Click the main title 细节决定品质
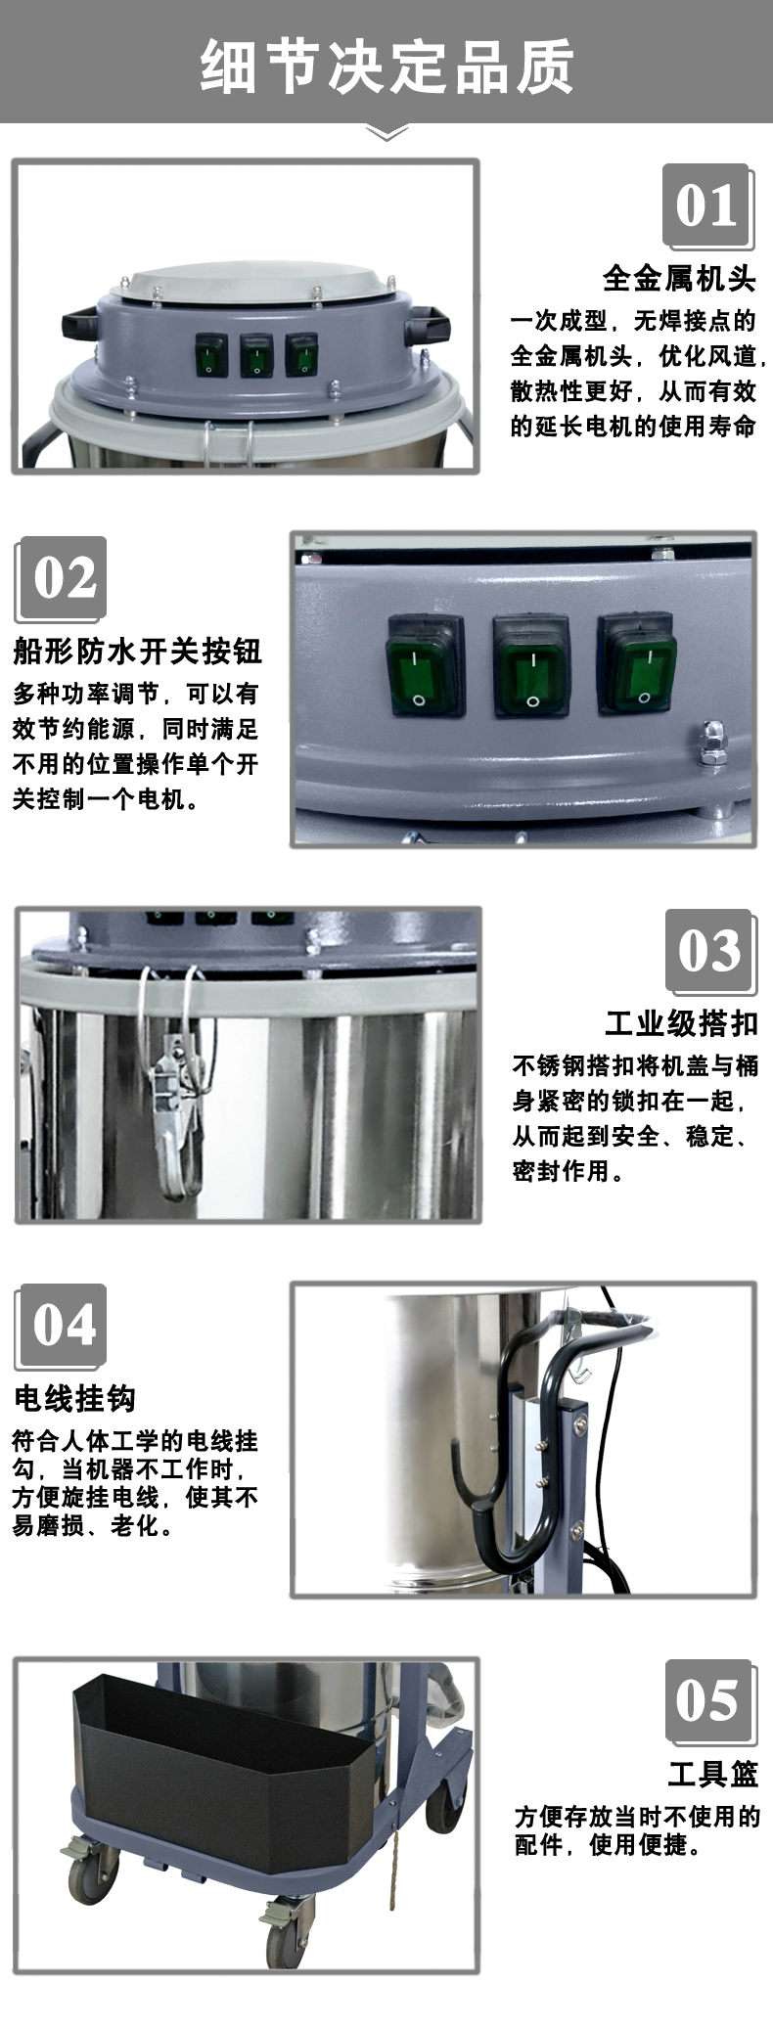pos(386,66)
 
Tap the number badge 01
pos(706,205)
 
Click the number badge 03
pos(709,951)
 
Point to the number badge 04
pos(61,1327)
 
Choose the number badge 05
pos(709,1700)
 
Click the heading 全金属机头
pos(679,279)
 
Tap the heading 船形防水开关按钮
pos(138,651)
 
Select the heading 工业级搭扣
pos(681,1023)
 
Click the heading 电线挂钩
pos(75,1399)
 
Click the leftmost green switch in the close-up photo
pos(425,664)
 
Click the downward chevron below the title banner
pos(386,133)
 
